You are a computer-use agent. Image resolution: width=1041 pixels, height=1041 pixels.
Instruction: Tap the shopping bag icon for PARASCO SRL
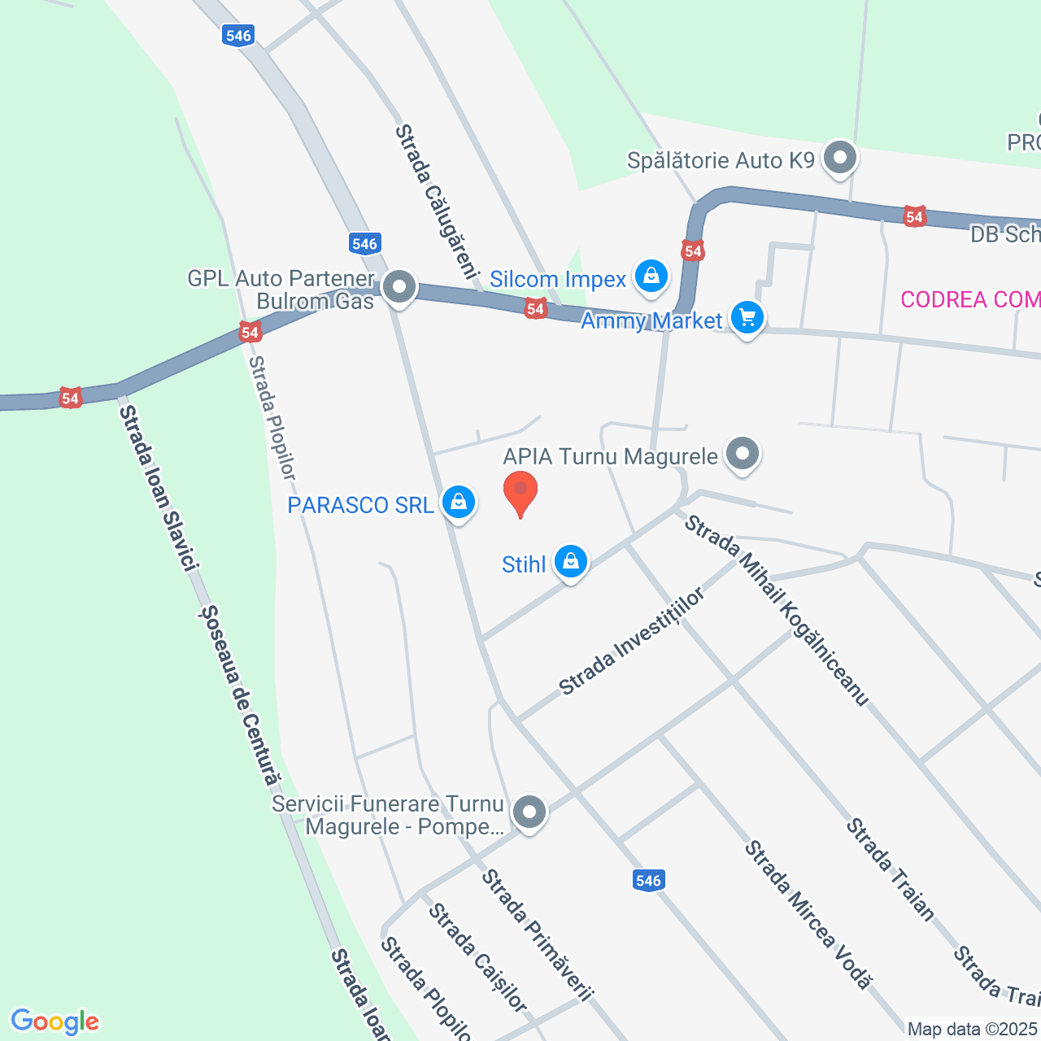click(x=459, y=503)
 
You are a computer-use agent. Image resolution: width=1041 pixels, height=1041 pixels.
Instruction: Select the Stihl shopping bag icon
click(x=571, y=562)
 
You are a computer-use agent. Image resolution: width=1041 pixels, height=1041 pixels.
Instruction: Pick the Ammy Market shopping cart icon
click(x=747, y=318)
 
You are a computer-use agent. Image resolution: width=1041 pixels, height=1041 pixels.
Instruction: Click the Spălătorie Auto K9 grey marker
click(x=840, y=158)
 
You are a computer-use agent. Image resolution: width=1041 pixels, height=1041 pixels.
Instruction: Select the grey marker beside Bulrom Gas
click(x=399, y=287)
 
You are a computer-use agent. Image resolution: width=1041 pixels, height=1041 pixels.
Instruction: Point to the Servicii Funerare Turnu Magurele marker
click(x=529, y=812)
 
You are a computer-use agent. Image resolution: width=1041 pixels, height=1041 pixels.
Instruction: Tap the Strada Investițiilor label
click(x=632, y=642)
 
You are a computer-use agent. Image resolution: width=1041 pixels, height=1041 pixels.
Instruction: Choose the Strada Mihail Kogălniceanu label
click(x=777, y=610)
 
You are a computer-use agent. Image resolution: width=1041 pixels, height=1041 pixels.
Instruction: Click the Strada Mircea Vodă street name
click(x=808, y=915)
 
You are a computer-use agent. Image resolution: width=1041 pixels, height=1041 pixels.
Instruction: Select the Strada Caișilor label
click(x=478, y=957)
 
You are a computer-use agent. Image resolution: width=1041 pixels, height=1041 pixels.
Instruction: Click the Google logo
click(x=55, y=1021)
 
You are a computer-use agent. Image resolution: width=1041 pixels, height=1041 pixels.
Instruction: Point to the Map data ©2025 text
click(x=973, y=1030)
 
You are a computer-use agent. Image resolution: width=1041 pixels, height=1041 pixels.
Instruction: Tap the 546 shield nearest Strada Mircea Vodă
click(x=648, y=880)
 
